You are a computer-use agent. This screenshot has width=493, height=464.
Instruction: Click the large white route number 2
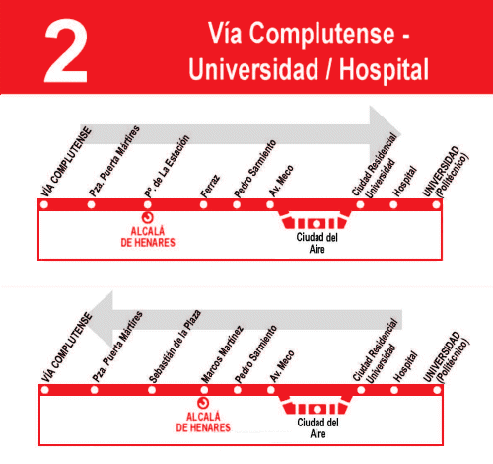tap(66, 51)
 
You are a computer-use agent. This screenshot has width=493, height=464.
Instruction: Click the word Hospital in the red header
tap(384, 69)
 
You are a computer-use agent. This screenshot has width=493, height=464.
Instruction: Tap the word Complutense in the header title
tap(321, 34)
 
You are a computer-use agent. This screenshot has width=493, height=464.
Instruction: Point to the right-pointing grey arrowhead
tap(385, 134)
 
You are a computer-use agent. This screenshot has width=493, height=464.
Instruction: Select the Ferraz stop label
tap(210, 187)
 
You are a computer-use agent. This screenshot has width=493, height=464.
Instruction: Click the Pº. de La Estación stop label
tap(168, 167)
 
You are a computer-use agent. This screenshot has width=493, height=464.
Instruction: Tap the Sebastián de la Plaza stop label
tap(175, 347)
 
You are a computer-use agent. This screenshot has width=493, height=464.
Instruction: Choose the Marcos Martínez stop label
tap(222, 354)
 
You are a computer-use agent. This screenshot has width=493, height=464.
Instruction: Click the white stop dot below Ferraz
tap(203, 205)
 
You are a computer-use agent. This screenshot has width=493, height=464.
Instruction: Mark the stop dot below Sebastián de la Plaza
tap(152, 390)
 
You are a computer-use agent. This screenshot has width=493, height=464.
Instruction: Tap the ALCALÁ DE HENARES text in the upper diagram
tap(148, 237)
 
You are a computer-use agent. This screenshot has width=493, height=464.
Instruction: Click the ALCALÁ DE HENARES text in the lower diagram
tap(203, 422)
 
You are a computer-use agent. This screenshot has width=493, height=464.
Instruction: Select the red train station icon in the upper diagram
tap(148, 217)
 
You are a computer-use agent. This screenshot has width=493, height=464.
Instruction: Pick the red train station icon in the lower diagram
tap(203, 403)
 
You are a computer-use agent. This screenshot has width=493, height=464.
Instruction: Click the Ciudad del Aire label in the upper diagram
tap(317, 243)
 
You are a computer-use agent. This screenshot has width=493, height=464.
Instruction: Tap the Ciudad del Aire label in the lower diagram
tap(317, 427)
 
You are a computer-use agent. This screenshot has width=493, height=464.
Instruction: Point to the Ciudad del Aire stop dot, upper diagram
tap(316, 224)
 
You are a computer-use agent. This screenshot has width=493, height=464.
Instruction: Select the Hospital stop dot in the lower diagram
tap(394, 390)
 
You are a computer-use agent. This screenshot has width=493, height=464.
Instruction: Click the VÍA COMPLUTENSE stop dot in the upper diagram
tap(44, 205)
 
